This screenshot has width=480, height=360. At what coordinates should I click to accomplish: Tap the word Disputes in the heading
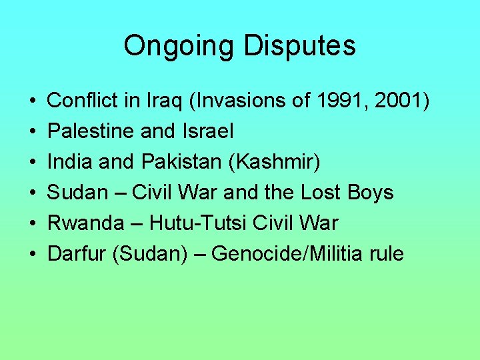[x=299, y=46]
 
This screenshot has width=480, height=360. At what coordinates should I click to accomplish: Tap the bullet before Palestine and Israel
[x=33, y=132]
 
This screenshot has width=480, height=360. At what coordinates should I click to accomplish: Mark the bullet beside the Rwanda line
[x=33, y=224]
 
